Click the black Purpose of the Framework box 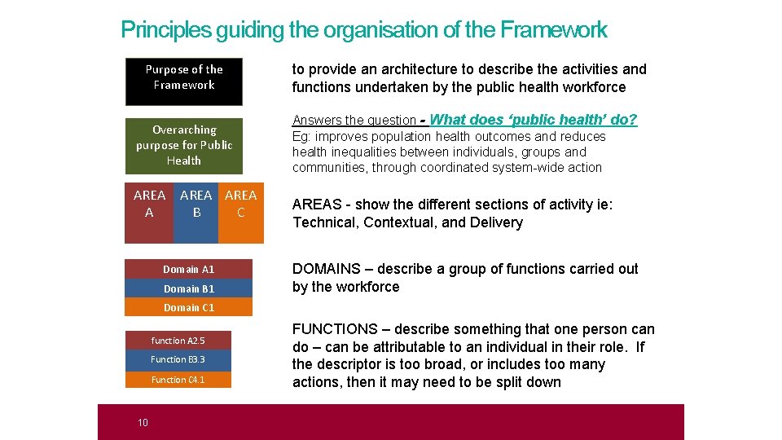click(184, 81)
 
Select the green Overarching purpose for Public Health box click(183, 146)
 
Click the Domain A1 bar click(188, 269)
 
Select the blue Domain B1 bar click(188, 288)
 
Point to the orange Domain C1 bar click(188, 307)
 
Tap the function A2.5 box click(178, 341)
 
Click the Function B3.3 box click(178, 359)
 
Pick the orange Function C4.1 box click(178, 380)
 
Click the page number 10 click(143, 422)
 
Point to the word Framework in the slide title click(553, 30)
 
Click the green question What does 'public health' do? click(534, 120)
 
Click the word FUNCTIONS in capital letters click(335, 329)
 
